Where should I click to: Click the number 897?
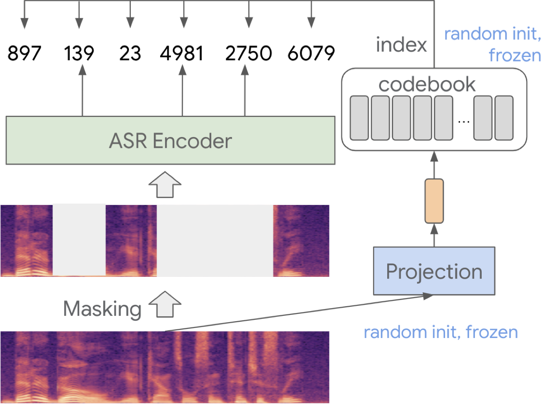pos(24,54)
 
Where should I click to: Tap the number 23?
pos(130,54)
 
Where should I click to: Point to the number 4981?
pos(182,54)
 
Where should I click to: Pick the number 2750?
pos(248,54)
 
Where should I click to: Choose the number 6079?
pos(311,54)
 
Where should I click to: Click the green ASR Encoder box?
pos(170,141)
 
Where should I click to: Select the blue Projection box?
pos(434,271)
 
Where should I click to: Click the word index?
pos(401,45)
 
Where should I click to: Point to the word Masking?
pos(102,309)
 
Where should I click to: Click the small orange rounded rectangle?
pos(434,201)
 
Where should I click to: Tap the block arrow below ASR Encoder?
pos(165,184)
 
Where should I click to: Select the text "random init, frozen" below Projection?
pos(441,333)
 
